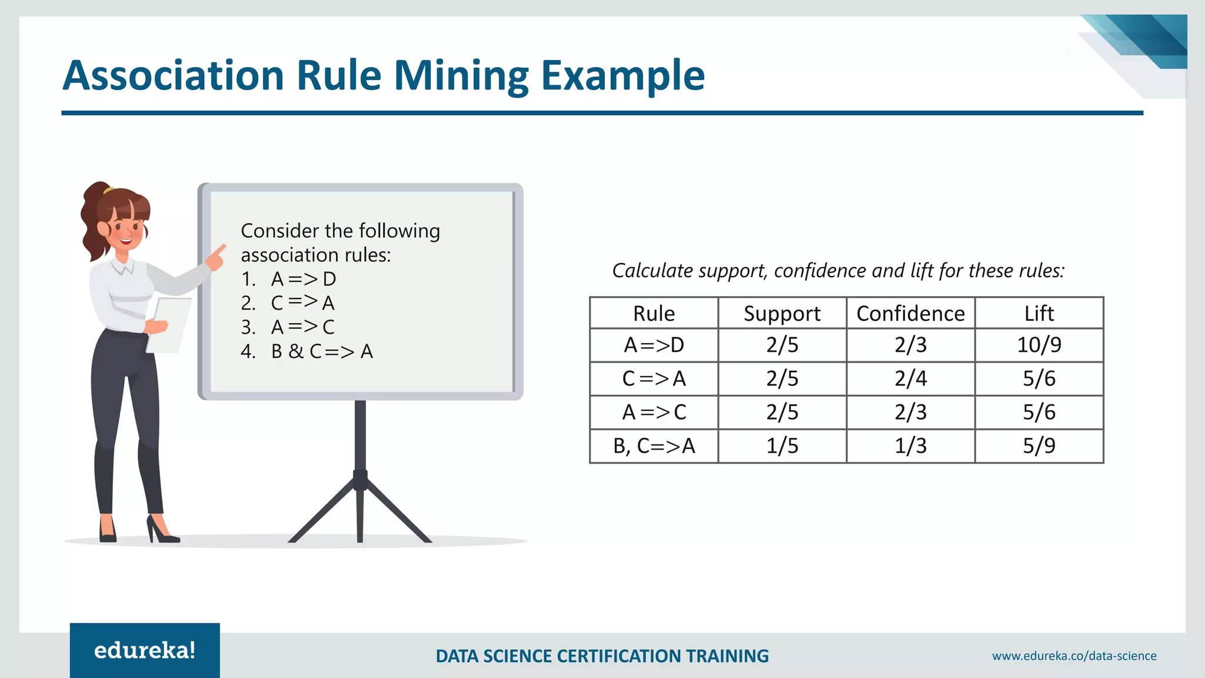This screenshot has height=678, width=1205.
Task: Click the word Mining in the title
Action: pyautogui.click(x=461, y=76)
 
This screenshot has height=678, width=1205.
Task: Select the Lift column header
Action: pyautogui.click(x=1038, y=313)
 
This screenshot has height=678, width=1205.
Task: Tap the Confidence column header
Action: pyautogui.click(x=910, y=313)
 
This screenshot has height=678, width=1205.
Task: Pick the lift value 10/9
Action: pyautogui.click(x=1038, y=345)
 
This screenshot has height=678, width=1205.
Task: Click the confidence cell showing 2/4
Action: pyautogui.click(x=910, y=378)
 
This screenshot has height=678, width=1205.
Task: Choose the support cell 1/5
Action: pyautogui.click(x=782, y=446)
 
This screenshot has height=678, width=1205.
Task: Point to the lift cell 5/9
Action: pyautogui.click(x=1038, y=446)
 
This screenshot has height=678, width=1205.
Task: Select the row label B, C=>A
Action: pyautogui.click(x=654, y=446)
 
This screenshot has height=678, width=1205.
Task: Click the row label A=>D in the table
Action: pyautogui.click(x=654, y=345)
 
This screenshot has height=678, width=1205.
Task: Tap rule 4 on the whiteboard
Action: pyautogui.click(x=307, y=351)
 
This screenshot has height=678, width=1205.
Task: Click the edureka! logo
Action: pyautogui.click(x=145, y=650)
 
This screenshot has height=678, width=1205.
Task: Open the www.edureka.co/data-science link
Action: pyautogui.click(x=1074, y=656)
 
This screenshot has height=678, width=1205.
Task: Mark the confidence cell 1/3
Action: pyautogui.click(x=910, y=446)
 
